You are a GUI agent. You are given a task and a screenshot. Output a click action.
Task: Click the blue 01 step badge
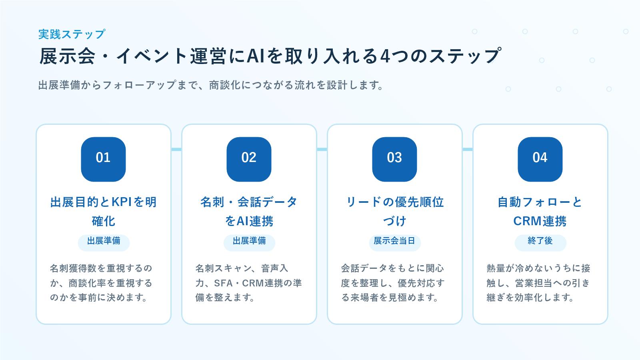pyautogui.click(x=104, y=160)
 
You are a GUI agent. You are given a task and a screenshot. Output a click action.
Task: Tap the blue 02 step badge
pyautogui.click(x=249, y=160)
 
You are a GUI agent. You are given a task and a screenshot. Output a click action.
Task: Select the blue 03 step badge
pyautogui.click(x=394, y=160)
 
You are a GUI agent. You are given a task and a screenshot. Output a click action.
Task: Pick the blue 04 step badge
pyautogui.click(x=540, y=160)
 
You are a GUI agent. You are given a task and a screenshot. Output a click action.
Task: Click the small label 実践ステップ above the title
pyautogui.click(x=72, y=34)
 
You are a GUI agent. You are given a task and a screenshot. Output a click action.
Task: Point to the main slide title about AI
pyautogui.click(x=270, y=56)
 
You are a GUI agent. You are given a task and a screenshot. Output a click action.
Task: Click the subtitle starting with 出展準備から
pyautogui.click(x=211, y=85)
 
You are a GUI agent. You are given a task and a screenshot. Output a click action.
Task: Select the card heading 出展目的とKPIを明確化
pyautogui.click(x=104, y=212)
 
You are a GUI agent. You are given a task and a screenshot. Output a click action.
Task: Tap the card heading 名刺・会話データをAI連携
pyautogui.click(x=249, y=212)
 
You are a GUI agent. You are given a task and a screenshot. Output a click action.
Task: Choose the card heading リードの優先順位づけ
pyautogui.click(x=394, y=212)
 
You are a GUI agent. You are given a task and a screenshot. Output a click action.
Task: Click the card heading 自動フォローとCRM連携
pyautogui.click(x=540, y=212)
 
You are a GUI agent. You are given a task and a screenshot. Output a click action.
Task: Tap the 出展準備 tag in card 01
pyautogui.click(x=104, y=242)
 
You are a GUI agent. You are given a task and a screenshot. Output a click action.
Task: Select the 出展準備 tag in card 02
pyautogui.click(x=249, y=242)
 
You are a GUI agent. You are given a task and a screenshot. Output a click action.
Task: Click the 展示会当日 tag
pyautogui.click(x=395, y=242)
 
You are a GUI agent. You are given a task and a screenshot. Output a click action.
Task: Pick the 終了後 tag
pyautogui.click(x=540, y=242)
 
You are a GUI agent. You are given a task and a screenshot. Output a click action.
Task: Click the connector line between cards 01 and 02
pyautogui.click(x=176, y=150)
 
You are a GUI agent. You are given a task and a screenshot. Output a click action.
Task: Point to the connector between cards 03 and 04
pyautogui.click(x=468, y=150)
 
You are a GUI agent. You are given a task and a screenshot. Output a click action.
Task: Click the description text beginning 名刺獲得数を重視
pyautogui.click(x=102, y=283)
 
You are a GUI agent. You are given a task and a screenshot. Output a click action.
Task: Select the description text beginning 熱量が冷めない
pyautogui.click(x=538, y=283)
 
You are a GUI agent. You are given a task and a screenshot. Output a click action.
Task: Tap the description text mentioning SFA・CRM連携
pyautogui.click(x=248, y=283)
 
